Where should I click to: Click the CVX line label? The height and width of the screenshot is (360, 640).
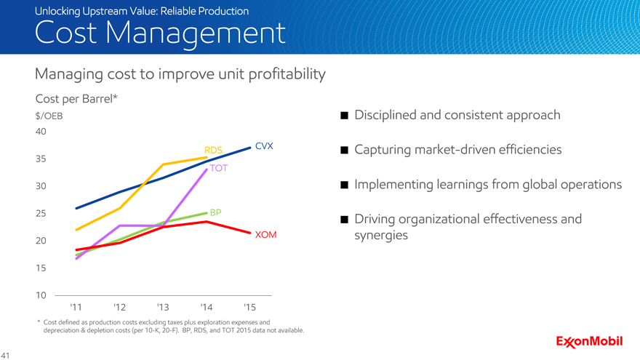[x=264, y=145]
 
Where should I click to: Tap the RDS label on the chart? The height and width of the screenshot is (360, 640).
[x=213, y=150]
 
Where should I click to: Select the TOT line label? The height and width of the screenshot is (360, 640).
[x=219, y=168]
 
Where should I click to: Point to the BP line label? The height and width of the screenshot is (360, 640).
[x=215, y=212]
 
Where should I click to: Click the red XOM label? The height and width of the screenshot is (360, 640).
[x=266, y=236]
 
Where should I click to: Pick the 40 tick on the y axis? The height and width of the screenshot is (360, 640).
[x=41, y=132]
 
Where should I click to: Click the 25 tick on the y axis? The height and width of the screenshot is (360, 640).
[x=41, y=213]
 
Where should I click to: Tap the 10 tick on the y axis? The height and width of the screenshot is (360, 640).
[x=41, y=295]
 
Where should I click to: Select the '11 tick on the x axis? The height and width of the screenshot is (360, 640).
[x=76, y=306]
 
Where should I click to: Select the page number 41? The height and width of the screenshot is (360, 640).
[x=7, y=355]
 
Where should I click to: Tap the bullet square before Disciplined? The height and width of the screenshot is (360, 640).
[x=343, y=116]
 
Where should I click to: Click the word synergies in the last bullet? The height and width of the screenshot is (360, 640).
[x=381, y=236]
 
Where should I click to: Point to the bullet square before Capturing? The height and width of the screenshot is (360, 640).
[x=343, y=151]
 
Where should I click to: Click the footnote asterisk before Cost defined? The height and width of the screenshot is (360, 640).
[x=37, y=321]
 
